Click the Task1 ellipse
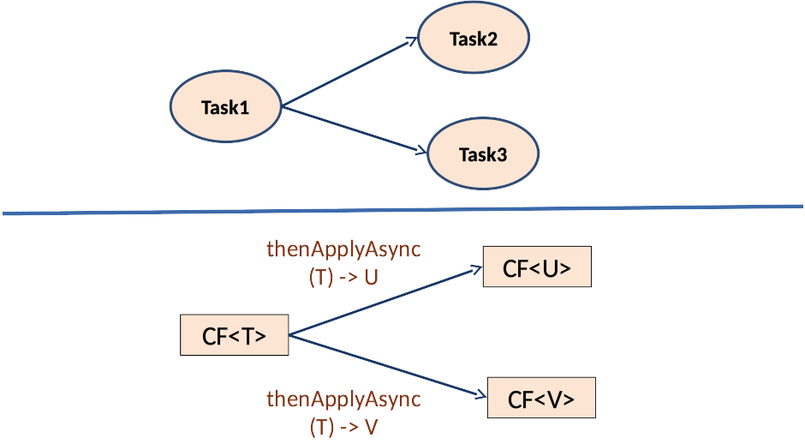coord(225,107)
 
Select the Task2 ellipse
coord(473,39)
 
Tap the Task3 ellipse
coord(482,154)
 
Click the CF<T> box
coord(234,335)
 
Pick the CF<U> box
coord(537,267)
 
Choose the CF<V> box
coord(540,399)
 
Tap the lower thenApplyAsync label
coord(344,399)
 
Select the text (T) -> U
coord(343,278)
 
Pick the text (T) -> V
coord(343,427)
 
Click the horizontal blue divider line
coord(402,210)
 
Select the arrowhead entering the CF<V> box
coord(480,395)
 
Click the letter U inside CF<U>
coord(550,268)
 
